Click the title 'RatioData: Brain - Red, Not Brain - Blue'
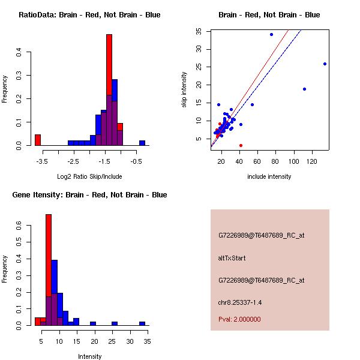89,15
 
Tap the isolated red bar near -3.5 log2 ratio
38,140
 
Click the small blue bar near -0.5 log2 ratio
142,143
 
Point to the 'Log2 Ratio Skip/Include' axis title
89,176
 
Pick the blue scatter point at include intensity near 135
325,64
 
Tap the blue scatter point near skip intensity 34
271,34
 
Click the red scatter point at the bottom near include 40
241,145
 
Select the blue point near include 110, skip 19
304,89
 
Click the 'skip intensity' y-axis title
184,90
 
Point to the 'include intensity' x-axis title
269,176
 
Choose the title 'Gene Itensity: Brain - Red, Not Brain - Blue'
89,195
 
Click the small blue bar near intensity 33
142,323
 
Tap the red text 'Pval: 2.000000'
239,319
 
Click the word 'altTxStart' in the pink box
232,258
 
